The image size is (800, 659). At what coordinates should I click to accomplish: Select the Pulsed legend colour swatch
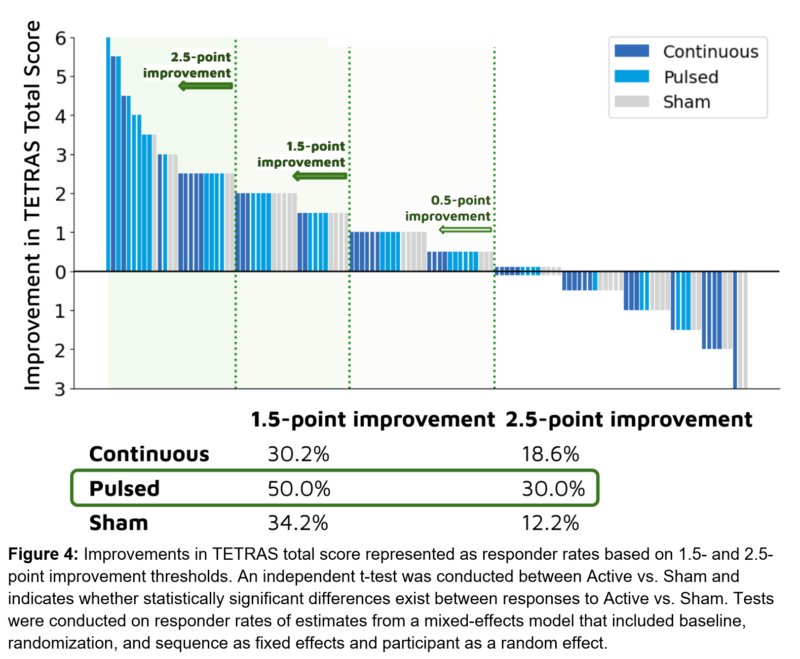click(631, 77)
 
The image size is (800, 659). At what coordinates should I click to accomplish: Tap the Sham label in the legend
click(686, 102)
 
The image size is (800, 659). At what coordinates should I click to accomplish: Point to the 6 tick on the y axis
click(61, 38)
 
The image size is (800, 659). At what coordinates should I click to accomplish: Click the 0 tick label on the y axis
click(61, 272)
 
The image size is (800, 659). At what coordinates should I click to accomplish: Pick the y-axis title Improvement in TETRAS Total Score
click(33, 205)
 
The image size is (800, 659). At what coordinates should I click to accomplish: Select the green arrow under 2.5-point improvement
click(205, 86)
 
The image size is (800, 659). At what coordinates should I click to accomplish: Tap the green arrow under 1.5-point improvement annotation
click(320, 176)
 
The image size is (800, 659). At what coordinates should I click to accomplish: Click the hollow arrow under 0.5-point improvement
click(465, 230)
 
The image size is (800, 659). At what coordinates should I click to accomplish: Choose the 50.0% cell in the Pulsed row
click(299, 489)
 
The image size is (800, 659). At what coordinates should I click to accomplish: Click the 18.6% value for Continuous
click(550, 454)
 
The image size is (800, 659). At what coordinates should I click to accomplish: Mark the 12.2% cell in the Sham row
click(550, 523)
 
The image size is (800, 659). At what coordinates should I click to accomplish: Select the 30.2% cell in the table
click(298, 454)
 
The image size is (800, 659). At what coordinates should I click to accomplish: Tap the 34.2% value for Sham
click(298, 523)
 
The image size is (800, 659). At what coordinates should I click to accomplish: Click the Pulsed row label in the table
click(124, 489)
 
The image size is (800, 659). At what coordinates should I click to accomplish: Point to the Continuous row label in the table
click(149, 454)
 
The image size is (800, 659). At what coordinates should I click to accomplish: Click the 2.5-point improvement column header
click(629, 420)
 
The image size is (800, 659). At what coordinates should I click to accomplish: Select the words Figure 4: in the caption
click(43, 554)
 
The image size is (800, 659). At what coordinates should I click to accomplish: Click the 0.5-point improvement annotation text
click(448, 208)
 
